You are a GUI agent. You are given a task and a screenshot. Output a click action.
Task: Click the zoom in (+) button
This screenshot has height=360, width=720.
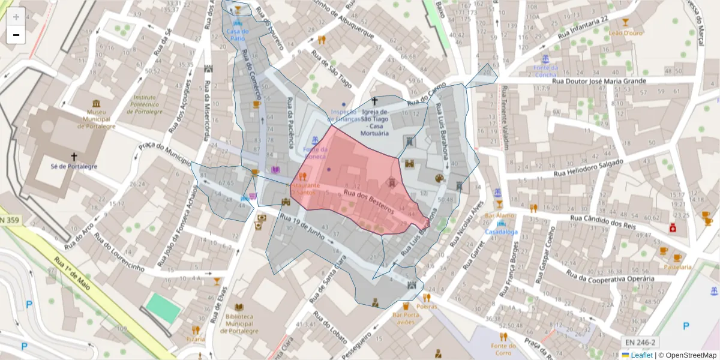coord(16,16)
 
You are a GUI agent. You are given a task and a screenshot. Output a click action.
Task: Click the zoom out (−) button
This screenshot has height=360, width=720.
coord(16,35)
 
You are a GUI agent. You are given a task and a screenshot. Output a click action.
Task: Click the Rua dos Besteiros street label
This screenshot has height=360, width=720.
coord(368,200)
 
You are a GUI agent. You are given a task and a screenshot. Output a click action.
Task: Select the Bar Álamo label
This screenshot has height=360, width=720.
coord(499,215)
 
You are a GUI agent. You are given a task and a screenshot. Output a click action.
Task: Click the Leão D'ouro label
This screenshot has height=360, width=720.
coord(626,33)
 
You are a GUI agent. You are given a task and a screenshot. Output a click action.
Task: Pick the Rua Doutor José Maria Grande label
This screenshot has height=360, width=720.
coord(598,81)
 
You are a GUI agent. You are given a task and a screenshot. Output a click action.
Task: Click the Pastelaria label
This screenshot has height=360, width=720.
coord(677,266)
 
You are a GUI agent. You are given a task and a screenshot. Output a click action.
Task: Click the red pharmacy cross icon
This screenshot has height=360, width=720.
coord(673,228)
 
